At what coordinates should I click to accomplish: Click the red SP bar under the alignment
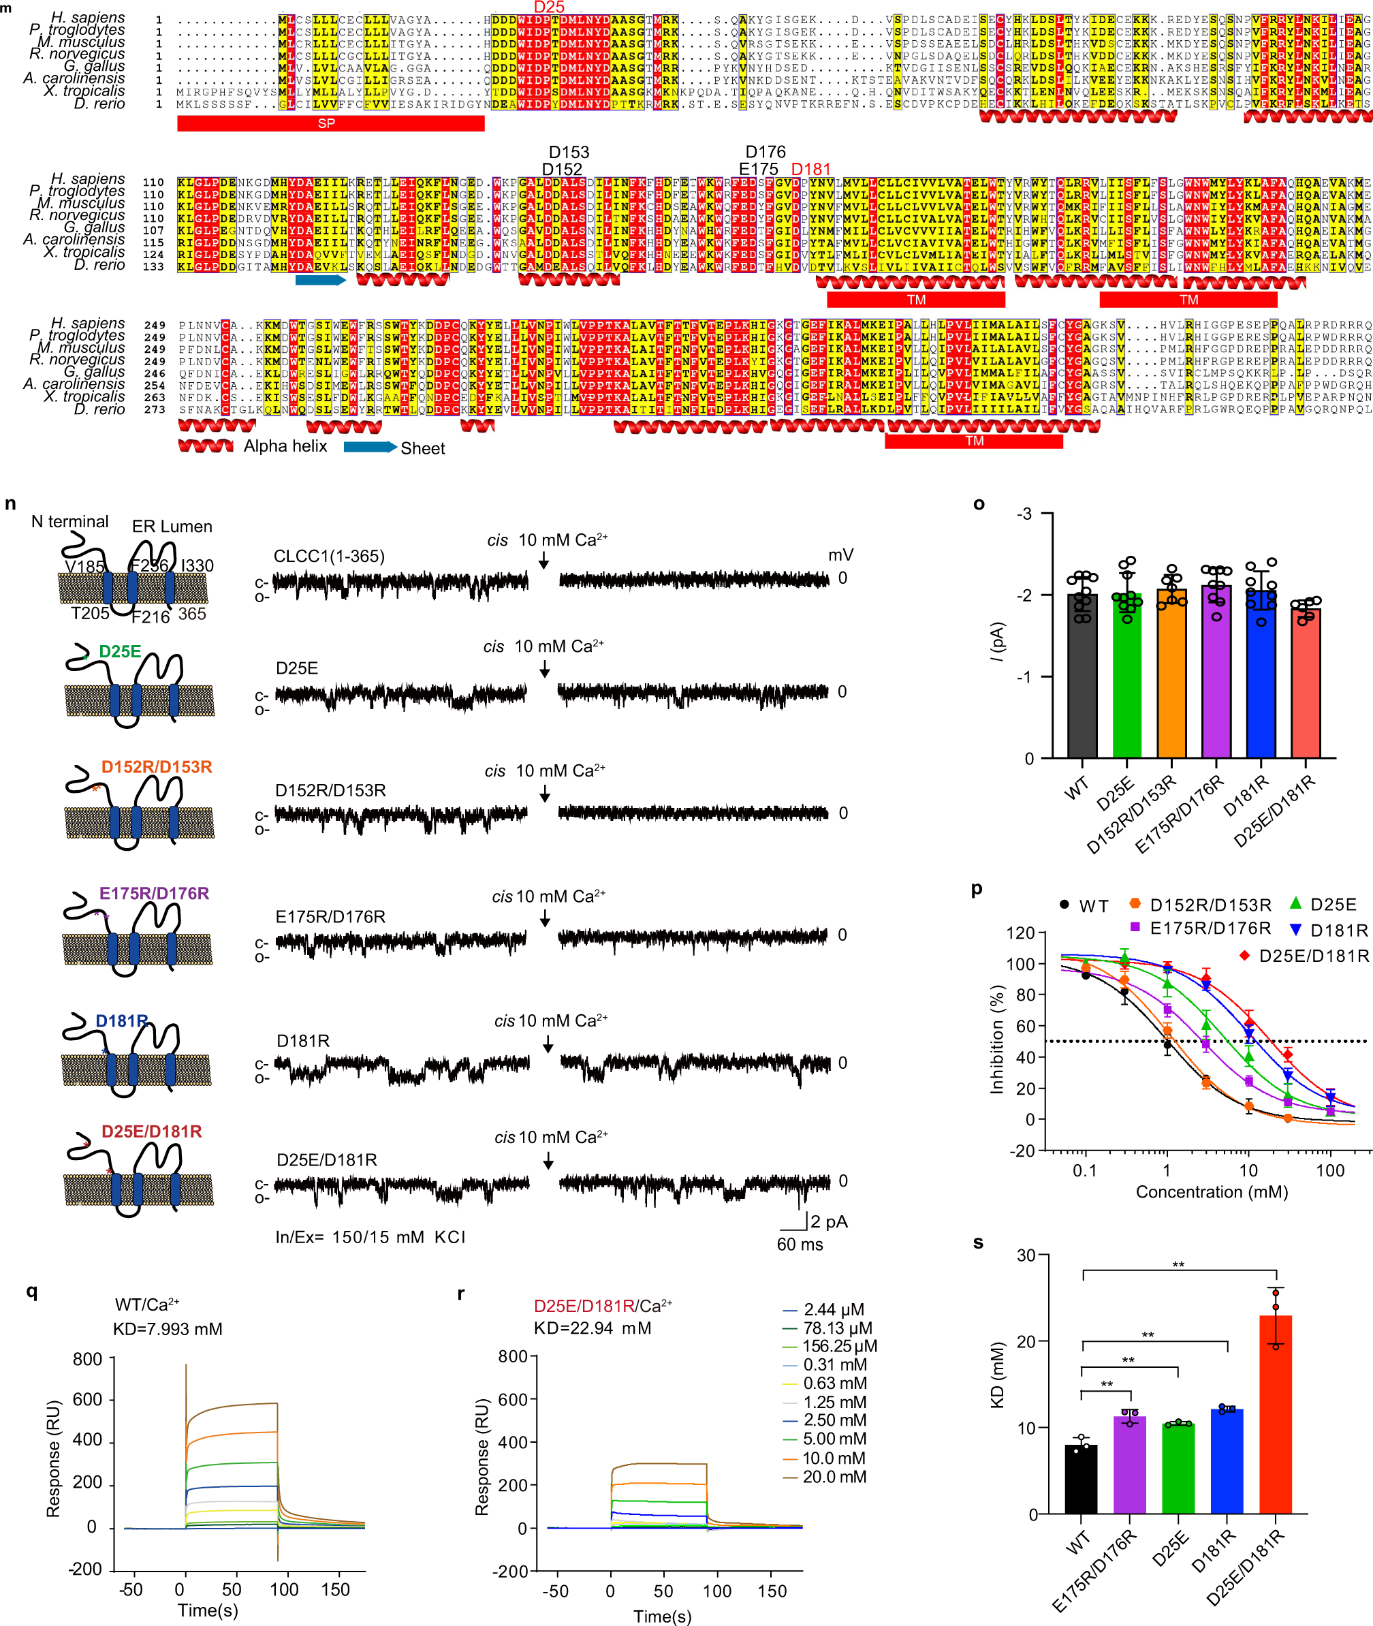pos(330,123)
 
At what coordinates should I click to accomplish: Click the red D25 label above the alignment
pos(549,7)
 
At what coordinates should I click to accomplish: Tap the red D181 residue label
pos(810,169)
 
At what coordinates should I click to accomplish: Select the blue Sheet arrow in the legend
pos(369,447)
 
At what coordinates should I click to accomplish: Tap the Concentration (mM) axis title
pos(1211,1193)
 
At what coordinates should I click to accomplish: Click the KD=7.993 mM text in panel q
pos(168,1329)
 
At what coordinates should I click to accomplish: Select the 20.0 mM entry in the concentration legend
pos(834,1477)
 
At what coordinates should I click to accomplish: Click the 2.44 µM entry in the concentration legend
pos(834,1309)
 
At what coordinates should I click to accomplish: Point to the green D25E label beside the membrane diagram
pos(120,651)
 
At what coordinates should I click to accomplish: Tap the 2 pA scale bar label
pos(828,1221)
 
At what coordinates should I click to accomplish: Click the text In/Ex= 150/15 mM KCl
pos(370,1238)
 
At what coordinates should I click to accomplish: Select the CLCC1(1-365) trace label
pos(328,556)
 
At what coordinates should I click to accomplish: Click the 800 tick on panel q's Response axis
pos(87,1359)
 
